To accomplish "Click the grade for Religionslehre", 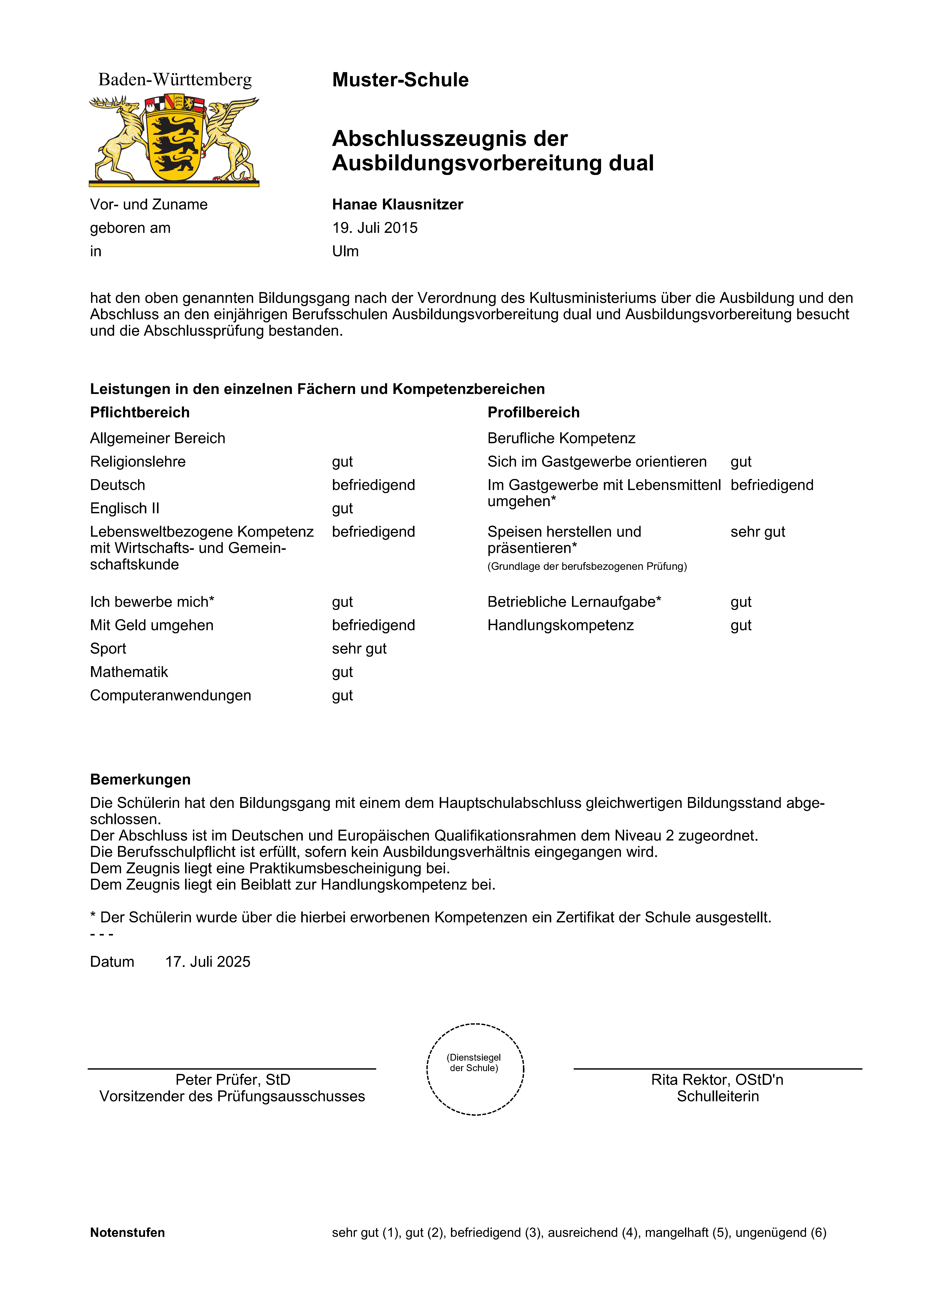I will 342,462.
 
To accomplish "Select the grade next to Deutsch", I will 373,485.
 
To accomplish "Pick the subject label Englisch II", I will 125,509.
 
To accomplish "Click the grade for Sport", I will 359,649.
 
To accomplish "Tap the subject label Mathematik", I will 129,672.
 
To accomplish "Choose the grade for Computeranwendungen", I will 342,695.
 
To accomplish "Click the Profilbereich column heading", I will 533,412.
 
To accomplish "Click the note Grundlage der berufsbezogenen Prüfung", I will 587,566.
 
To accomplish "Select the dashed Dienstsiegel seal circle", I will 475,1069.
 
